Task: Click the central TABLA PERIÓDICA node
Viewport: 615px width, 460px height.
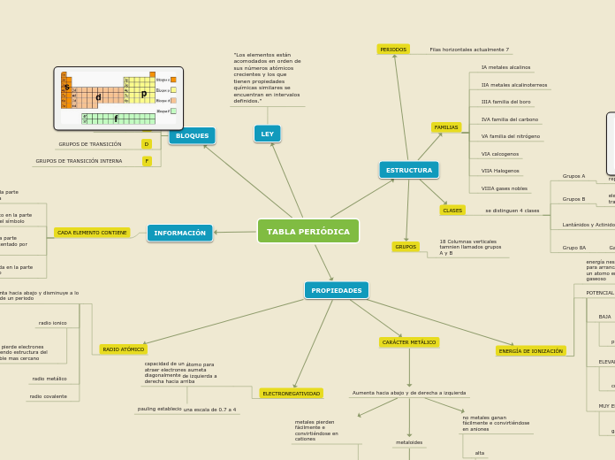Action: pos(308,232)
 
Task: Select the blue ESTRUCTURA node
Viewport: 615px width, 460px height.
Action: pos(409,170)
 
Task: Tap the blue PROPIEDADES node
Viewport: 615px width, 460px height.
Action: pos(337,290)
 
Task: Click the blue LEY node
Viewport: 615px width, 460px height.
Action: pos(267,134)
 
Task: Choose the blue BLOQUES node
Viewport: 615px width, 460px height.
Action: pos(192,136)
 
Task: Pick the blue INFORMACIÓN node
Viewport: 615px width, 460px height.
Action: pos(179,233)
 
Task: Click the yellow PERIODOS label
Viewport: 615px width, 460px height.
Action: pos(393,50)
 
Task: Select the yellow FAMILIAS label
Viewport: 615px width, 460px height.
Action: pos(446,127)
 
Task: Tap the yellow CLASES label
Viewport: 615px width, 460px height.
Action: pos(452,211)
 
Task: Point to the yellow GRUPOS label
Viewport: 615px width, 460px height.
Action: pos(406,247)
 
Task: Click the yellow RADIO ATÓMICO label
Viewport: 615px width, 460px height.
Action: pos(124,349)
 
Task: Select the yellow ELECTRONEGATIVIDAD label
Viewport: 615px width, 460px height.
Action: pos(291,394)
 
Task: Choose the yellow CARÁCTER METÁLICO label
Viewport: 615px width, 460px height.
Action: pos(409,342)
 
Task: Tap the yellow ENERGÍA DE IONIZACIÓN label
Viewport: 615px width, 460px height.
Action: pos(531,351)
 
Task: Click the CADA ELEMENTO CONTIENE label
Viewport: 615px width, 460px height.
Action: pos(92,233)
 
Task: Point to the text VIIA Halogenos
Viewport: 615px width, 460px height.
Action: pos(500,171)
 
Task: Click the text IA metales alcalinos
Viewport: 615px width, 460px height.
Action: pos(505,67)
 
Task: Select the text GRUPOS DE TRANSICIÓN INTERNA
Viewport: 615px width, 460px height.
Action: pos(79,161)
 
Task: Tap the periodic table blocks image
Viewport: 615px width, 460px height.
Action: pos(118,98)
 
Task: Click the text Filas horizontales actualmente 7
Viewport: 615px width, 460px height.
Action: pos(469,50)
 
